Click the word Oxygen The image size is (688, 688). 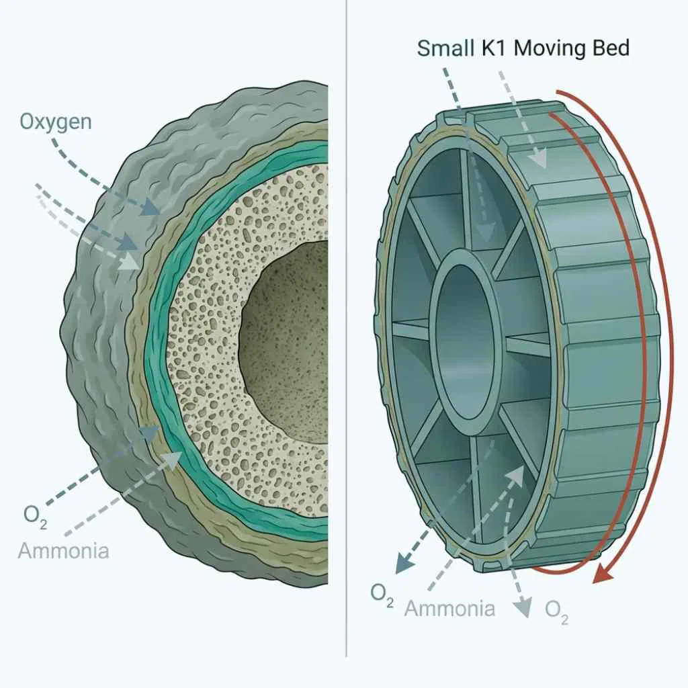click(x=55, y=122)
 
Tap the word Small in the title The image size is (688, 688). click(x=442, y=48)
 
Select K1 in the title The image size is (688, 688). click(x=493, y=48)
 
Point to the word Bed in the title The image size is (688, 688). click(x=609, y=48)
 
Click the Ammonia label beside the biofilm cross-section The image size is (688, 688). click(x=63, y=551)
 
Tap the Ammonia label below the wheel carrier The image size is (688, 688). click(x=449, y=608)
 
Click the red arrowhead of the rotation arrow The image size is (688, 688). click(x=607, y=574)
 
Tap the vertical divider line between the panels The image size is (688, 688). click(x=347, y=336)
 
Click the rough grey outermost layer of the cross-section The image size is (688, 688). click(x=94, y=336)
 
